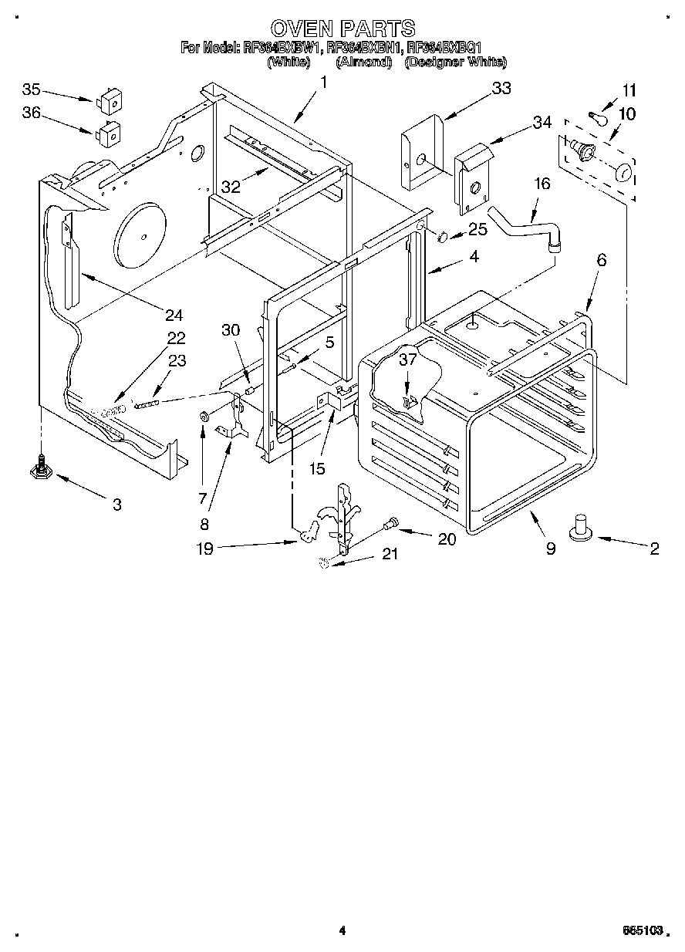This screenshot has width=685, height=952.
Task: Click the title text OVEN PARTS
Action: (342, 29)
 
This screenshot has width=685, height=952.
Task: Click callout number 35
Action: (32, 89)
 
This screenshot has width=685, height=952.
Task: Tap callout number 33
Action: (501, 89)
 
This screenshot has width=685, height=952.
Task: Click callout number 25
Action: (477, 229)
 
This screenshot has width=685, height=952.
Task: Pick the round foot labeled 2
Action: (580, 529)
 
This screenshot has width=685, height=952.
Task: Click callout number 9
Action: (550, 549)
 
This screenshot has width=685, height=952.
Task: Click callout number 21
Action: (390, 554)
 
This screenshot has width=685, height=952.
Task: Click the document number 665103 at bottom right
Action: (643, 931)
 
